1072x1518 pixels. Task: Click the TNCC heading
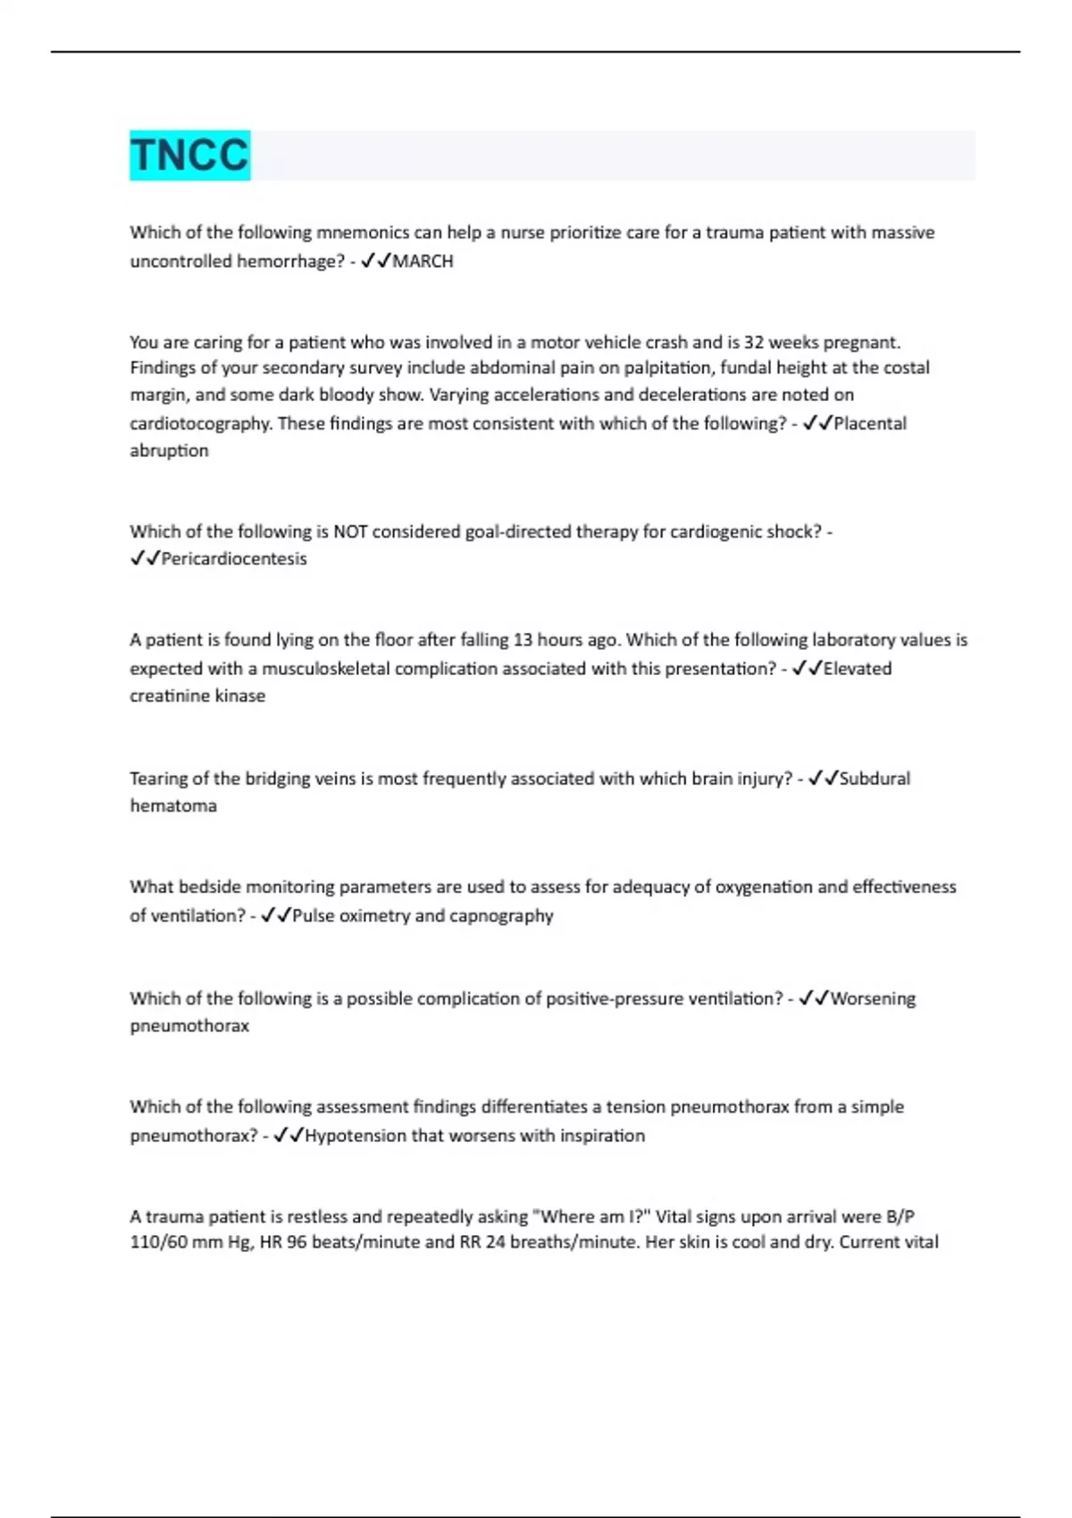189,155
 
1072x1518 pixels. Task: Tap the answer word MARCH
423,262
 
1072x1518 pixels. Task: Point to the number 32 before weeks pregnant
754,342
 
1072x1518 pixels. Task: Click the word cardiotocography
200,423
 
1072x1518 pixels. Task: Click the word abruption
169,451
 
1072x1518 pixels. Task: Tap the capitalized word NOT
349,532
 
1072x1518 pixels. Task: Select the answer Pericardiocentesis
233,559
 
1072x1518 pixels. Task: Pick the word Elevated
857,669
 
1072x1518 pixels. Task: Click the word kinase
238,696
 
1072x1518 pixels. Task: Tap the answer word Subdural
875,779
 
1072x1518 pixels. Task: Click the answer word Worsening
873,999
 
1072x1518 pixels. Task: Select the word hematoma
173,806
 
